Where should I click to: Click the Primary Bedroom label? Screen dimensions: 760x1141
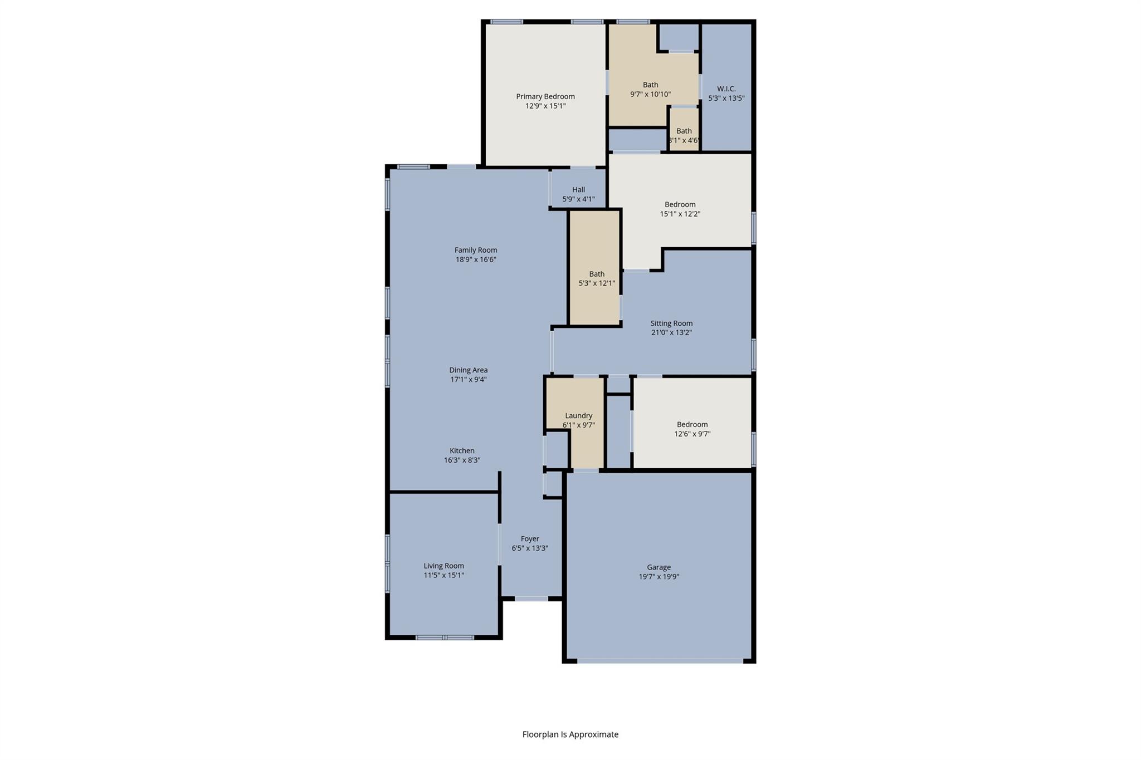tap(545, 96)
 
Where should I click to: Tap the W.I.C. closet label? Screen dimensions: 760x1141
tap(726, 89)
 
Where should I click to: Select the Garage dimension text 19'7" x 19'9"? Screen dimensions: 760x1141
tap(659, 577)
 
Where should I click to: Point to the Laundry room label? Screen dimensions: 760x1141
tap(578, 415)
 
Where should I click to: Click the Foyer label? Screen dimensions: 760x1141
tap(530, 538)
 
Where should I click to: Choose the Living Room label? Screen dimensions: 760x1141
tap(443, 566)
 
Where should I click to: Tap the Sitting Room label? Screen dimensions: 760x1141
tap(671, 323)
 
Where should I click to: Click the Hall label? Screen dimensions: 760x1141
tap(578, 189)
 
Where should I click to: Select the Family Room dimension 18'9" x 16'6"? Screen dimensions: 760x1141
tap(475, 259)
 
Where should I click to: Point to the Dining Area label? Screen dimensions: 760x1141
tap(468, 370)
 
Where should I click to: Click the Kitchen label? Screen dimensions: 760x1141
tap(462, 450)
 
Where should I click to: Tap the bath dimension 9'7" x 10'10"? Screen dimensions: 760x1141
tap(650, 94)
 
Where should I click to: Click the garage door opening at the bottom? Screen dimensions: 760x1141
tap(660, 661)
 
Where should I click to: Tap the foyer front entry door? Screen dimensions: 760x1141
tap(531, 599)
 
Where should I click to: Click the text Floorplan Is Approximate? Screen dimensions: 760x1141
tap(570, 734)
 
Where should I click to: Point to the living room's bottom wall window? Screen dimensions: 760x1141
tap(445, 638)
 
